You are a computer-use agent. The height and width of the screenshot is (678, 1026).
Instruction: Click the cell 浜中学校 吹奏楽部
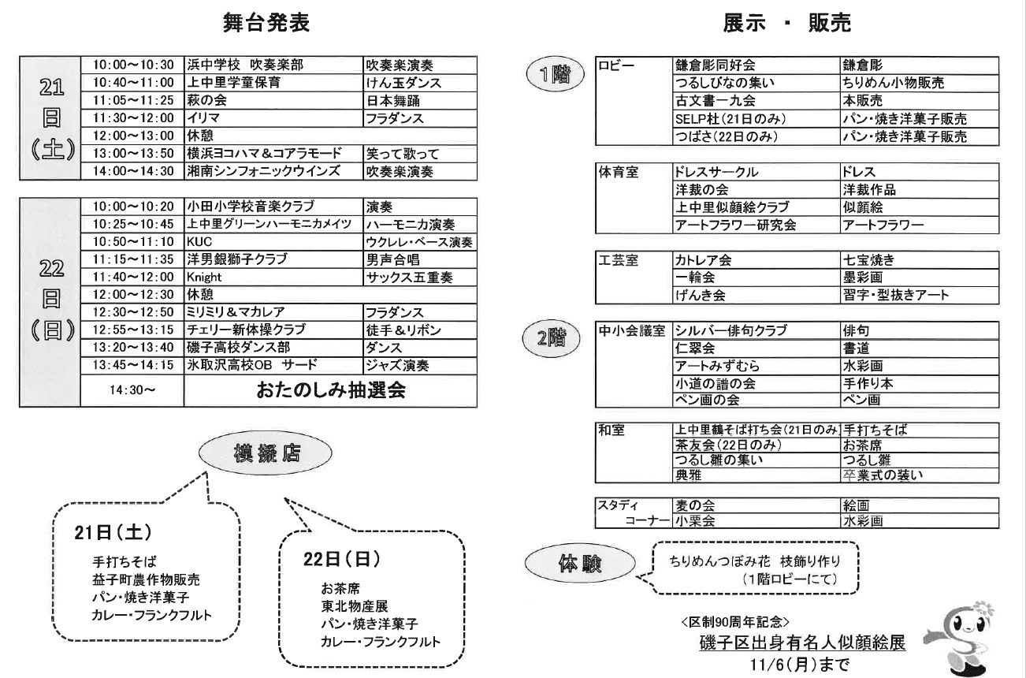click(x=245, y=65)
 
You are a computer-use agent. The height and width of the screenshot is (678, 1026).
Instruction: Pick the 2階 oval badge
click(x=555, y=337)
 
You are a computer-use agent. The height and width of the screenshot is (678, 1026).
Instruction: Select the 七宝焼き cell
click(x=868, y=259)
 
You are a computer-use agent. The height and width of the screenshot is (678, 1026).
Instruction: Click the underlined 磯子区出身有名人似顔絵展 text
click(x=800, y=643)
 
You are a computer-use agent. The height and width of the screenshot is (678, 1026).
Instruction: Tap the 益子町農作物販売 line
click(x=146, y=579)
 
